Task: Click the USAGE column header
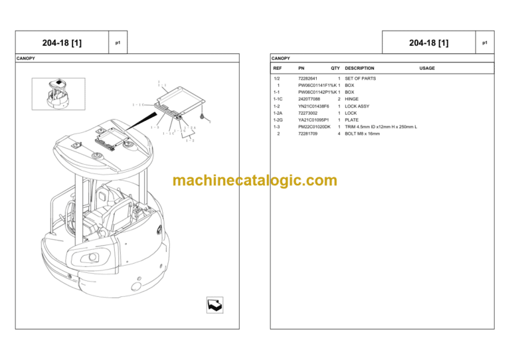pyautogui.click(x=427, y=68)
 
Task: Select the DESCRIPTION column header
pyautogui.click(x=359, y=68)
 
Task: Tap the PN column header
pyautogui.click(x=301, y=68)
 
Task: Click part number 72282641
pyautogui.click(x=308, y=78)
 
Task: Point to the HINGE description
pyautogui.click(x=352, y=99)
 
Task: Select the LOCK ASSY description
pyautogui.click(x=357, y=106)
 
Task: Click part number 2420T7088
pyautogui.click(x=309, y=99)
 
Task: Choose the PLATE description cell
pyautogui.click(x=352, y=120)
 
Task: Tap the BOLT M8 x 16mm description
pyautogui.click(x=363, y=134)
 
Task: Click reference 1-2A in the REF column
pyautogui.click(x=278, y=113)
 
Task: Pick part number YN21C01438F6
pyautogui.click(x=313, y=106)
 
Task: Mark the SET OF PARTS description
pyautogui.click(x=360, y=78)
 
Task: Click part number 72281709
pyautogui.click(x=308, y=134)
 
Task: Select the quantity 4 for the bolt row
pyautogui.click(x=339, y=134)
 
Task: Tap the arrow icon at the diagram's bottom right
pyautogui.click(x=214, y=305)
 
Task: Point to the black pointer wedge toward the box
pyautogui.click(x=146, y=122)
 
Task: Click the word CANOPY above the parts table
pyautogui.click(x=280, y=58)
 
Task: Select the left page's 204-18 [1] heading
pyautogui.click(x=62, y=43)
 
